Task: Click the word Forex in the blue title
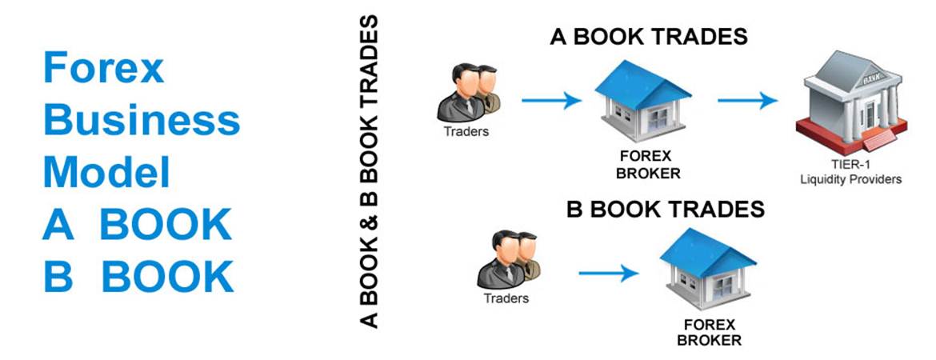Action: point(103,67)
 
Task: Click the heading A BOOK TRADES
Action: point(648,37)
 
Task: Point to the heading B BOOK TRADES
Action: point(665,210)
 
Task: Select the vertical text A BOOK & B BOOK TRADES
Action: point(370,172)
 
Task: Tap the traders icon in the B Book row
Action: point(508,260)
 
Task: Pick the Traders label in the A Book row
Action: point(466,131)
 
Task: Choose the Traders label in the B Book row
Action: point(506,298)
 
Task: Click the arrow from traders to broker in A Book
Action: point(551,100)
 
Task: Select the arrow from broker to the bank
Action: point(746,100)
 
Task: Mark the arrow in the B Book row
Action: point(608,274)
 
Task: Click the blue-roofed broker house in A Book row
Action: point(643,99)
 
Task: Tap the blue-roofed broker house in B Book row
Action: point(708,268)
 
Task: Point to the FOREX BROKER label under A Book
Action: point(646,165)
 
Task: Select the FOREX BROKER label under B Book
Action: point(709,333)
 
